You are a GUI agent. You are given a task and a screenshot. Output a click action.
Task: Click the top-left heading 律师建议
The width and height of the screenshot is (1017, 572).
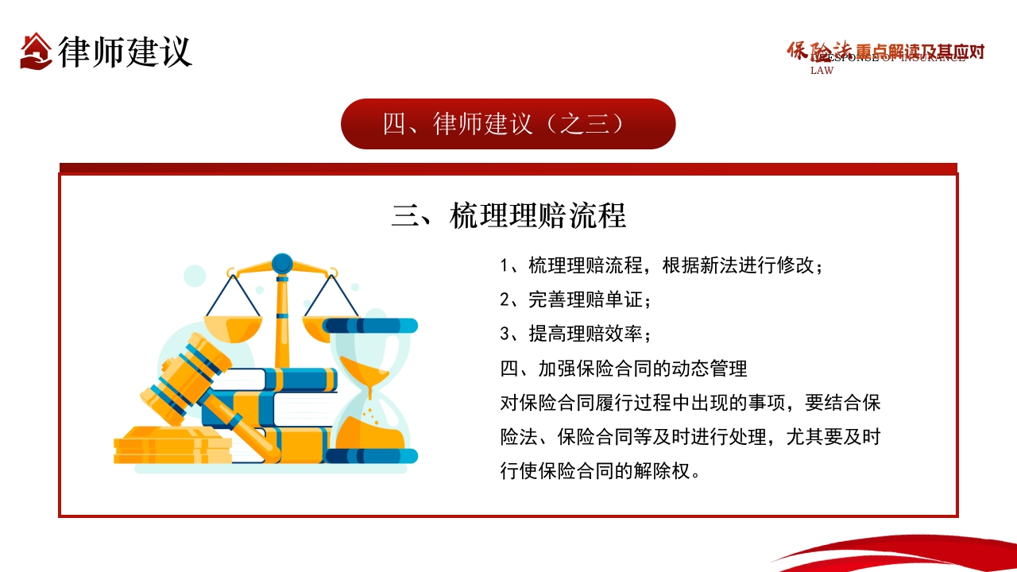click(x=126, y=52)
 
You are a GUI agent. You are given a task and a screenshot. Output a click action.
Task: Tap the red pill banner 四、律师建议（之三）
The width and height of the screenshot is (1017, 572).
click(x=508, y=124)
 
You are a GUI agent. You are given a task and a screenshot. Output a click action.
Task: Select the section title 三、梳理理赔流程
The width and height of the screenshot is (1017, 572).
click(x=508, y=215)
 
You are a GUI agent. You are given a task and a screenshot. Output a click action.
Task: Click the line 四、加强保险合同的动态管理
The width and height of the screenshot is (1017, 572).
click(x=624, y=369)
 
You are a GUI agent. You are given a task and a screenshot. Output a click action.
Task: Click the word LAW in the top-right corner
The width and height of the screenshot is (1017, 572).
click(x=822, y=71)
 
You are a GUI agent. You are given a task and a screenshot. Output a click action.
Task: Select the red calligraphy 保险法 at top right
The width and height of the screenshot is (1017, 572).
click(x=818, y=51)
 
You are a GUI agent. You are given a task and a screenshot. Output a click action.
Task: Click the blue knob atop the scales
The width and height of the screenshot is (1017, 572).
click(x=281, y=263)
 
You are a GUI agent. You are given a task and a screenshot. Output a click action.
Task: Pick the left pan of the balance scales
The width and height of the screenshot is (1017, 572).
click(x=231, y=326)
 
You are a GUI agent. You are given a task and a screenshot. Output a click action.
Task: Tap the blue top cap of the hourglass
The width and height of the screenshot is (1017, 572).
click(x=370, y=325)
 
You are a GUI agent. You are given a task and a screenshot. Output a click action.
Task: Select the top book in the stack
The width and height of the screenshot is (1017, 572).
click(x=282, y=380)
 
